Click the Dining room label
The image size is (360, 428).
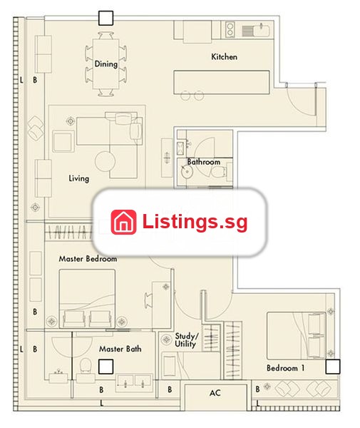106,64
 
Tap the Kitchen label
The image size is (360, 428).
224,57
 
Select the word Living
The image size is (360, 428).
79,178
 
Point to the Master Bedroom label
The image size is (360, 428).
88,259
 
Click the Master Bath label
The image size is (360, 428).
120,349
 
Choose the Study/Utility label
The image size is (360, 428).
186,340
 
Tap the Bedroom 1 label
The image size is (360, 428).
286,368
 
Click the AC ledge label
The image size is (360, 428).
215,393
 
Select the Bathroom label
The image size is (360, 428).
203,162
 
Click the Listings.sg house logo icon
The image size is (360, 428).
123,222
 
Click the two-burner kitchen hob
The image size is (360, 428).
230,29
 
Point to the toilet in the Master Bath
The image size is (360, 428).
86,365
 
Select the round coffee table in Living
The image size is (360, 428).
106,161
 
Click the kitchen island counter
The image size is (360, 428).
222,83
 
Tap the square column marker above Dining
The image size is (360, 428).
106,19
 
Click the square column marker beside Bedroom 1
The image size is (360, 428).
333,367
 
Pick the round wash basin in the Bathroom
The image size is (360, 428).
187,171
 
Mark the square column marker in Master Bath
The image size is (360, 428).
106,367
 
